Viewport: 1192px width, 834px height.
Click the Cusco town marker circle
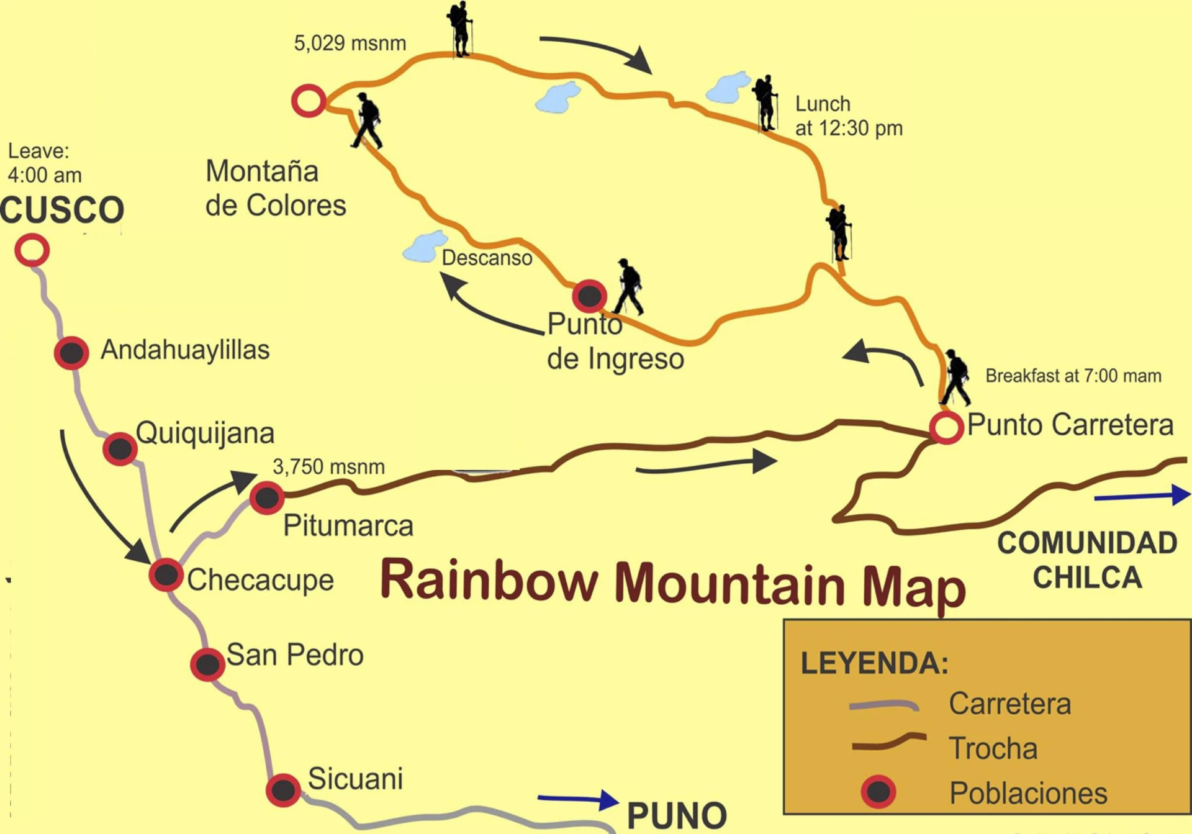point(32,250)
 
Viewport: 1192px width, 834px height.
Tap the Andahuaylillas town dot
point(71,353)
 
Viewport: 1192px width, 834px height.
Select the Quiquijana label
point(205,433)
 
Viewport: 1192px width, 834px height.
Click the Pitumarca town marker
point(267,497)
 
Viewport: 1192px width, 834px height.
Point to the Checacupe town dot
point(166,574)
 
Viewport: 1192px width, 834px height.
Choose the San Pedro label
point(295,655)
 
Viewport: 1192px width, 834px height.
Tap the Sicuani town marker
point(283,790)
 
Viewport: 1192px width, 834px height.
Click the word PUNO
point(677,815)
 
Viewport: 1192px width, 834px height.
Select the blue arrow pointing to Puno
point(577,799)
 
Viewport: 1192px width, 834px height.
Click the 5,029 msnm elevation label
point(350,43)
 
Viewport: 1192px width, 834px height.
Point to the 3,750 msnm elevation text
point(328,466)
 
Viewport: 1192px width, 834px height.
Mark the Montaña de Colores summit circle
point(309,101)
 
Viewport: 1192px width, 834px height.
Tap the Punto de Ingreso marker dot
point(589,296)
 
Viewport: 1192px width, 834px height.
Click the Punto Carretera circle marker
point(946,427)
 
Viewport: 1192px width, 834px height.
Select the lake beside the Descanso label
point(425,247)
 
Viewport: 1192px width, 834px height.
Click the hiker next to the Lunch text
point(766,103)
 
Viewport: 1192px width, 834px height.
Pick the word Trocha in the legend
point(993,748)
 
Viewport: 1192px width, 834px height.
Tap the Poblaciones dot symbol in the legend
point(878,792)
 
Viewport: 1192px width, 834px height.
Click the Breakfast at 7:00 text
point(1073,376)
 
